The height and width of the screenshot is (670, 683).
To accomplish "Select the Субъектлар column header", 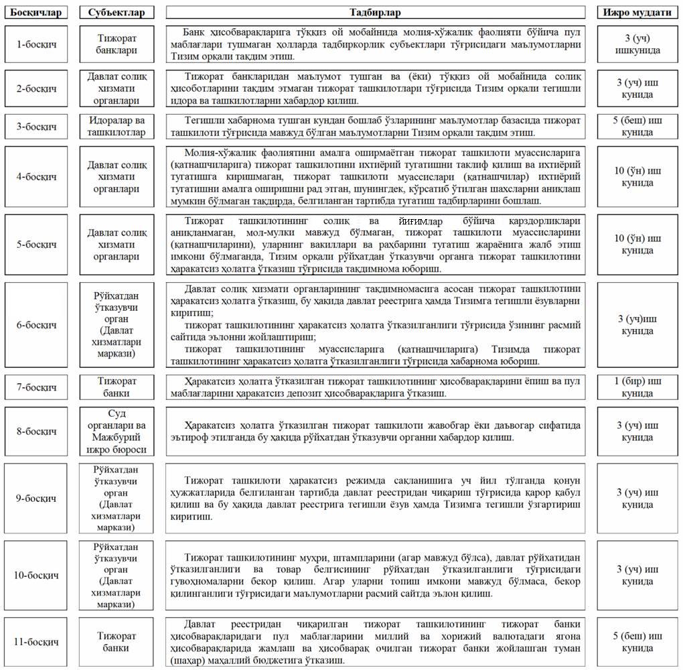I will pos(117,13).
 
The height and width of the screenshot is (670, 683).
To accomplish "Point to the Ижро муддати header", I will pos(637,13).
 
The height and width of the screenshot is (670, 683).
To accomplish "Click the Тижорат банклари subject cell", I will pos(117,44).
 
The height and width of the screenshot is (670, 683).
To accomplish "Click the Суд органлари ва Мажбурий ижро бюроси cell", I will pos(117,431).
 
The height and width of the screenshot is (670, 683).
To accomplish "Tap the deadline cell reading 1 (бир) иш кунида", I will pos(637,387).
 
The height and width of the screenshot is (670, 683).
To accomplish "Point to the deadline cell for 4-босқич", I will pos(637,177).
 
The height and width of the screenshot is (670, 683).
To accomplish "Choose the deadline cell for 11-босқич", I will pos(637,642).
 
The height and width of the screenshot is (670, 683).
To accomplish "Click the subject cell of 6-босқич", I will pos(117,324).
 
